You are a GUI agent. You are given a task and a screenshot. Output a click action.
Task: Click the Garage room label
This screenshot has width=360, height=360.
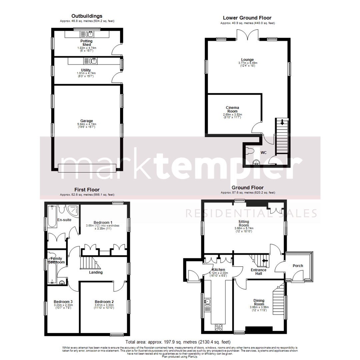(x=86, y=121)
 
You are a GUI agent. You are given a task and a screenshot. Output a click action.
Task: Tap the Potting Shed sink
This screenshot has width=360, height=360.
(x=89, y=34)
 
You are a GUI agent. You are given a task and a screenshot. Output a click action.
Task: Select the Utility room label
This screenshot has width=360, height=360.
(x=86, y=70)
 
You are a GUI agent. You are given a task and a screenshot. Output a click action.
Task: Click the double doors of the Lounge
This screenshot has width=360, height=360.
(x=247, y=35)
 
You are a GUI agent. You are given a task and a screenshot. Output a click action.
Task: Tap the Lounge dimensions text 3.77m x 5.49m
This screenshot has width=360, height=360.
(x=248, y=63)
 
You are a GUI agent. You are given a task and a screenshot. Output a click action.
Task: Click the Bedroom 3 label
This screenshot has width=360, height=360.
(x=63, y=302)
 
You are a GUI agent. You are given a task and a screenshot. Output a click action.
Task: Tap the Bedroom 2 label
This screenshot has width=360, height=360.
(x=104, y=302)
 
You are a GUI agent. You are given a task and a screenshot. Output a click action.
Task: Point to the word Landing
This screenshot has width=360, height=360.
(x=96, y=272)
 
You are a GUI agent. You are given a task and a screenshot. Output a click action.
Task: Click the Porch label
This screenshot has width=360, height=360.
(x=298, y=266)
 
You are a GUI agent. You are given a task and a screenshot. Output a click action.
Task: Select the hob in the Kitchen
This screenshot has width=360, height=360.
(x=219, y=327)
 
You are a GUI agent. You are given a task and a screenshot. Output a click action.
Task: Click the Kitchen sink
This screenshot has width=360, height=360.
(x=207, y=302)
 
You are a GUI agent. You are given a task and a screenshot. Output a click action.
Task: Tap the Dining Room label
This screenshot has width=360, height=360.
(x=259, y=302)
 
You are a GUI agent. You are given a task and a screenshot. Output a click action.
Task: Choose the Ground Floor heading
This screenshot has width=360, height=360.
(x=247, y=188)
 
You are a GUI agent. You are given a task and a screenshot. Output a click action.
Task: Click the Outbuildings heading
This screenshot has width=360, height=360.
(x=87, y=16)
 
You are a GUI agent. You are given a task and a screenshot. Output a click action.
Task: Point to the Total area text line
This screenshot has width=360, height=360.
(x=178, y=342)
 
